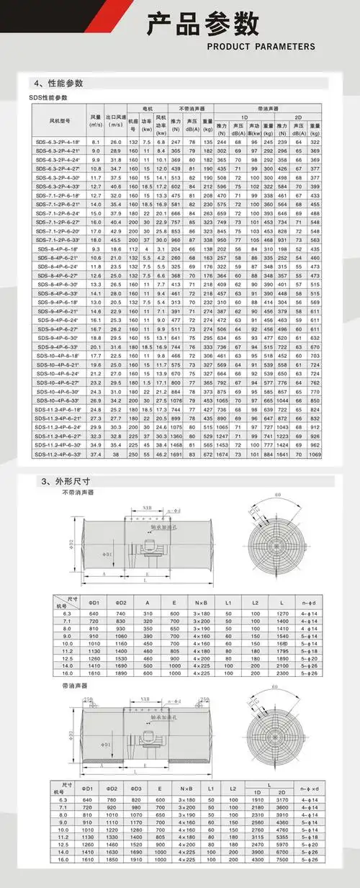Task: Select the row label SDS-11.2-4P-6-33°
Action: pyautogui.click(x=58, y=454)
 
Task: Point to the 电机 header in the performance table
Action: pyautogui.click(x=140, y=107)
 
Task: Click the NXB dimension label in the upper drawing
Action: pyautogui.click(x=146, y=510)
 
